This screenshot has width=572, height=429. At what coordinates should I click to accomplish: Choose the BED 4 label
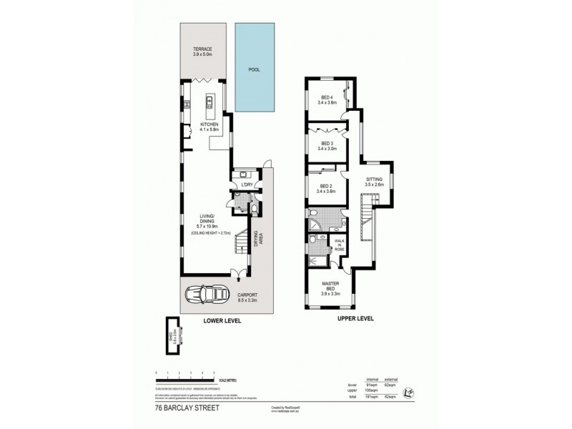[326, 99]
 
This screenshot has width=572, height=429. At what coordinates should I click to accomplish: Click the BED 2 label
[326, 188]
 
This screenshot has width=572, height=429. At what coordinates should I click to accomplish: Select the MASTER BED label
[330, 287]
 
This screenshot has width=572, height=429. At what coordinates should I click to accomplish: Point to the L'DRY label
[246, 187]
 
